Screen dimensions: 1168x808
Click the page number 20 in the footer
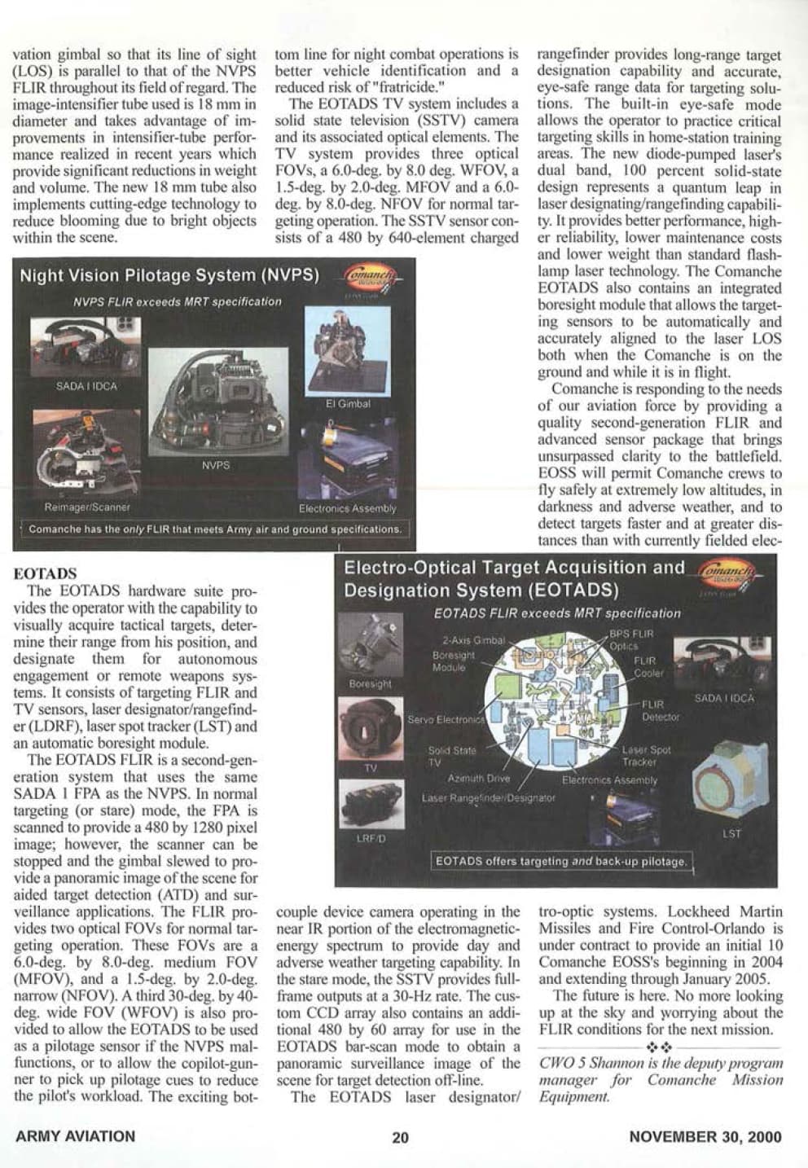[x=400, y=1137]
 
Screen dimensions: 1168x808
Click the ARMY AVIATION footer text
[x=76, y=1136]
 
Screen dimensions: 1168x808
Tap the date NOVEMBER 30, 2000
[x=705, y=1137]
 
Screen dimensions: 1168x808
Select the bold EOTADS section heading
[x=46, y=573]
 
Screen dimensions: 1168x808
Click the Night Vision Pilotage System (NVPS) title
[x=169, y=275]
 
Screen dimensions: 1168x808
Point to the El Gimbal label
[x=348, y=404]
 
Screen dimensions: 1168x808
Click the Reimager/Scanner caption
[x=87, y=507]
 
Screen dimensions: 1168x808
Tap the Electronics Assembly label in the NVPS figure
[x=347, y=509]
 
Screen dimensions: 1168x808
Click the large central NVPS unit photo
[x=218, y=402]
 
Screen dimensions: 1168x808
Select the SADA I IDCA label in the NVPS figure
[x=86, y=386]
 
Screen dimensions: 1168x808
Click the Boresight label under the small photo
[x=370, y=684]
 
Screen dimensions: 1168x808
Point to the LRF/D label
[x=370, y=838]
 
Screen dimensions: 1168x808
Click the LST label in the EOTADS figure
[x=731, y=834]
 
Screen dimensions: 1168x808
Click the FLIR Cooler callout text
[x=648, y=667]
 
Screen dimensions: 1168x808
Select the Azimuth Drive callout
[x=479, y=779]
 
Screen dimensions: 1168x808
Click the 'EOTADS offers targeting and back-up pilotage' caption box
[x=560, y=861]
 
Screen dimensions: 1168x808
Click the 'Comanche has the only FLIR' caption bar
[x=214, y=529]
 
